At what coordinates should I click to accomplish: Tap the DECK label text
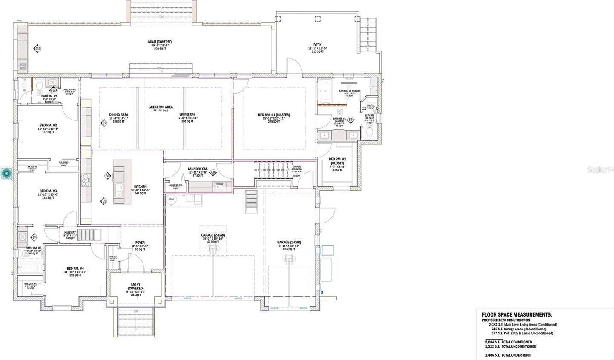317,45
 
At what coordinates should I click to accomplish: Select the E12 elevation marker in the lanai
37,49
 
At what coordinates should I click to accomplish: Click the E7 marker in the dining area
103,123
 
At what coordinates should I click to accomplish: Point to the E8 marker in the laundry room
213,172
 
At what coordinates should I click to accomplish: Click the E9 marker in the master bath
351,120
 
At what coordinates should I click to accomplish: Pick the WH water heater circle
172,199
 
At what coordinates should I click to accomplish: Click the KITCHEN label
141,187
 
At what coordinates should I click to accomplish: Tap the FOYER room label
139,243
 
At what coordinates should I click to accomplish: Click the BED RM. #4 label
75,269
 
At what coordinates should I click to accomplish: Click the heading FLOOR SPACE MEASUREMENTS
516,315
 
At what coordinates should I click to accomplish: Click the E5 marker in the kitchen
103,201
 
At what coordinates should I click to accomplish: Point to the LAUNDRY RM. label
198,169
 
